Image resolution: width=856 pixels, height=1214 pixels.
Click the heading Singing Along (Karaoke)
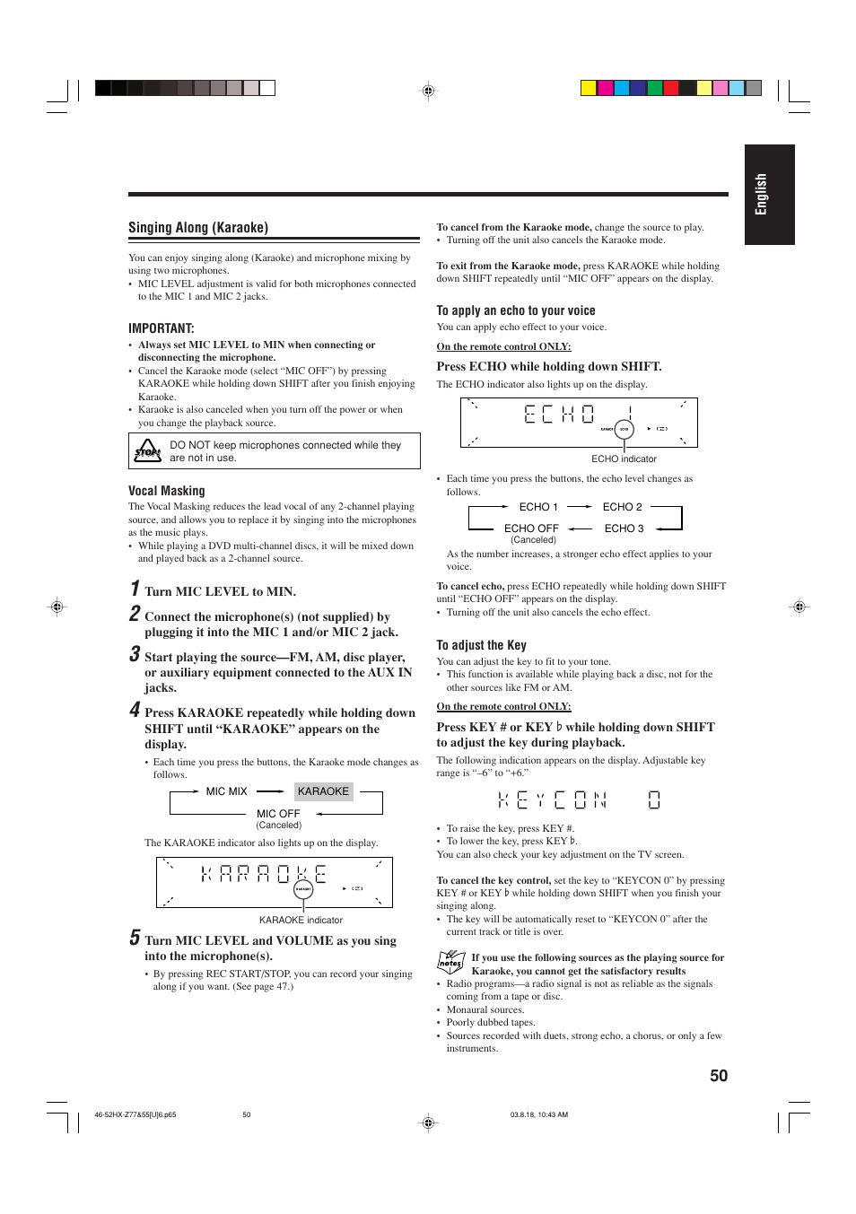point(198,228)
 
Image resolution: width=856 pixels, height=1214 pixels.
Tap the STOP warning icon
point(147,450)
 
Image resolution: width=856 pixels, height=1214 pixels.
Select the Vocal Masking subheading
point(166,491)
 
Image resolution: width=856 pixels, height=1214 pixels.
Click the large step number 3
point(135,654)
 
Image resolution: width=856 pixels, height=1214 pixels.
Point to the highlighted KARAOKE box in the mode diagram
point(323,791)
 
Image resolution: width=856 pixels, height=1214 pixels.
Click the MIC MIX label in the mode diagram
point(226,791)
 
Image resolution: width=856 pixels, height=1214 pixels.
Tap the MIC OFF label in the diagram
point(278,814)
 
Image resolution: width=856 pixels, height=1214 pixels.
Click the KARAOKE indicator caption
point(301,920)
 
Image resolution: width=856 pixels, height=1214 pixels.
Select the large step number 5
point(135,938)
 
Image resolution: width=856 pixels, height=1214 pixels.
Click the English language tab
point(769,195)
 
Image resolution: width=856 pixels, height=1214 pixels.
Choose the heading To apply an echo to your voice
point(516,310)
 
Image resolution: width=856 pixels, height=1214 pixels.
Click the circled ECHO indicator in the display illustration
point(625,430)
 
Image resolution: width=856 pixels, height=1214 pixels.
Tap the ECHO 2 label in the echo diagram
point(622,507)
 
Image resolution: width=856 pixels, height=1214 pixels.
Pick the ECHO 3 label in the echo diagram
point(624,528)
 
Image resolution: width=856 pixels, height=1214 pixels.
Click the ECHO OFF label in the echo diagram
point(531,528)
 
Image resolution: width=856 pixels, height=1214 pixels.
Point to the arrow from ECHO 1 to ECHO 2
point(580,507)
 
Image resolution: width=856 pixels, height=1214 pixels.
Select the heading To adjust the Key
point(481,645)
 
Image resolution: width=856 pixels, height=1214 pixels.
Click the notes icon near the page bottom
point(450,963)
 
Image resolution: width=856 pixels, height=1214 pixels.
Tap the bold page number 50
point(719,1076)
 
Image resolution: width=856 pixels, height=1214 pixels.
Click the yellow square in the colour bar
point(589,88)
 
